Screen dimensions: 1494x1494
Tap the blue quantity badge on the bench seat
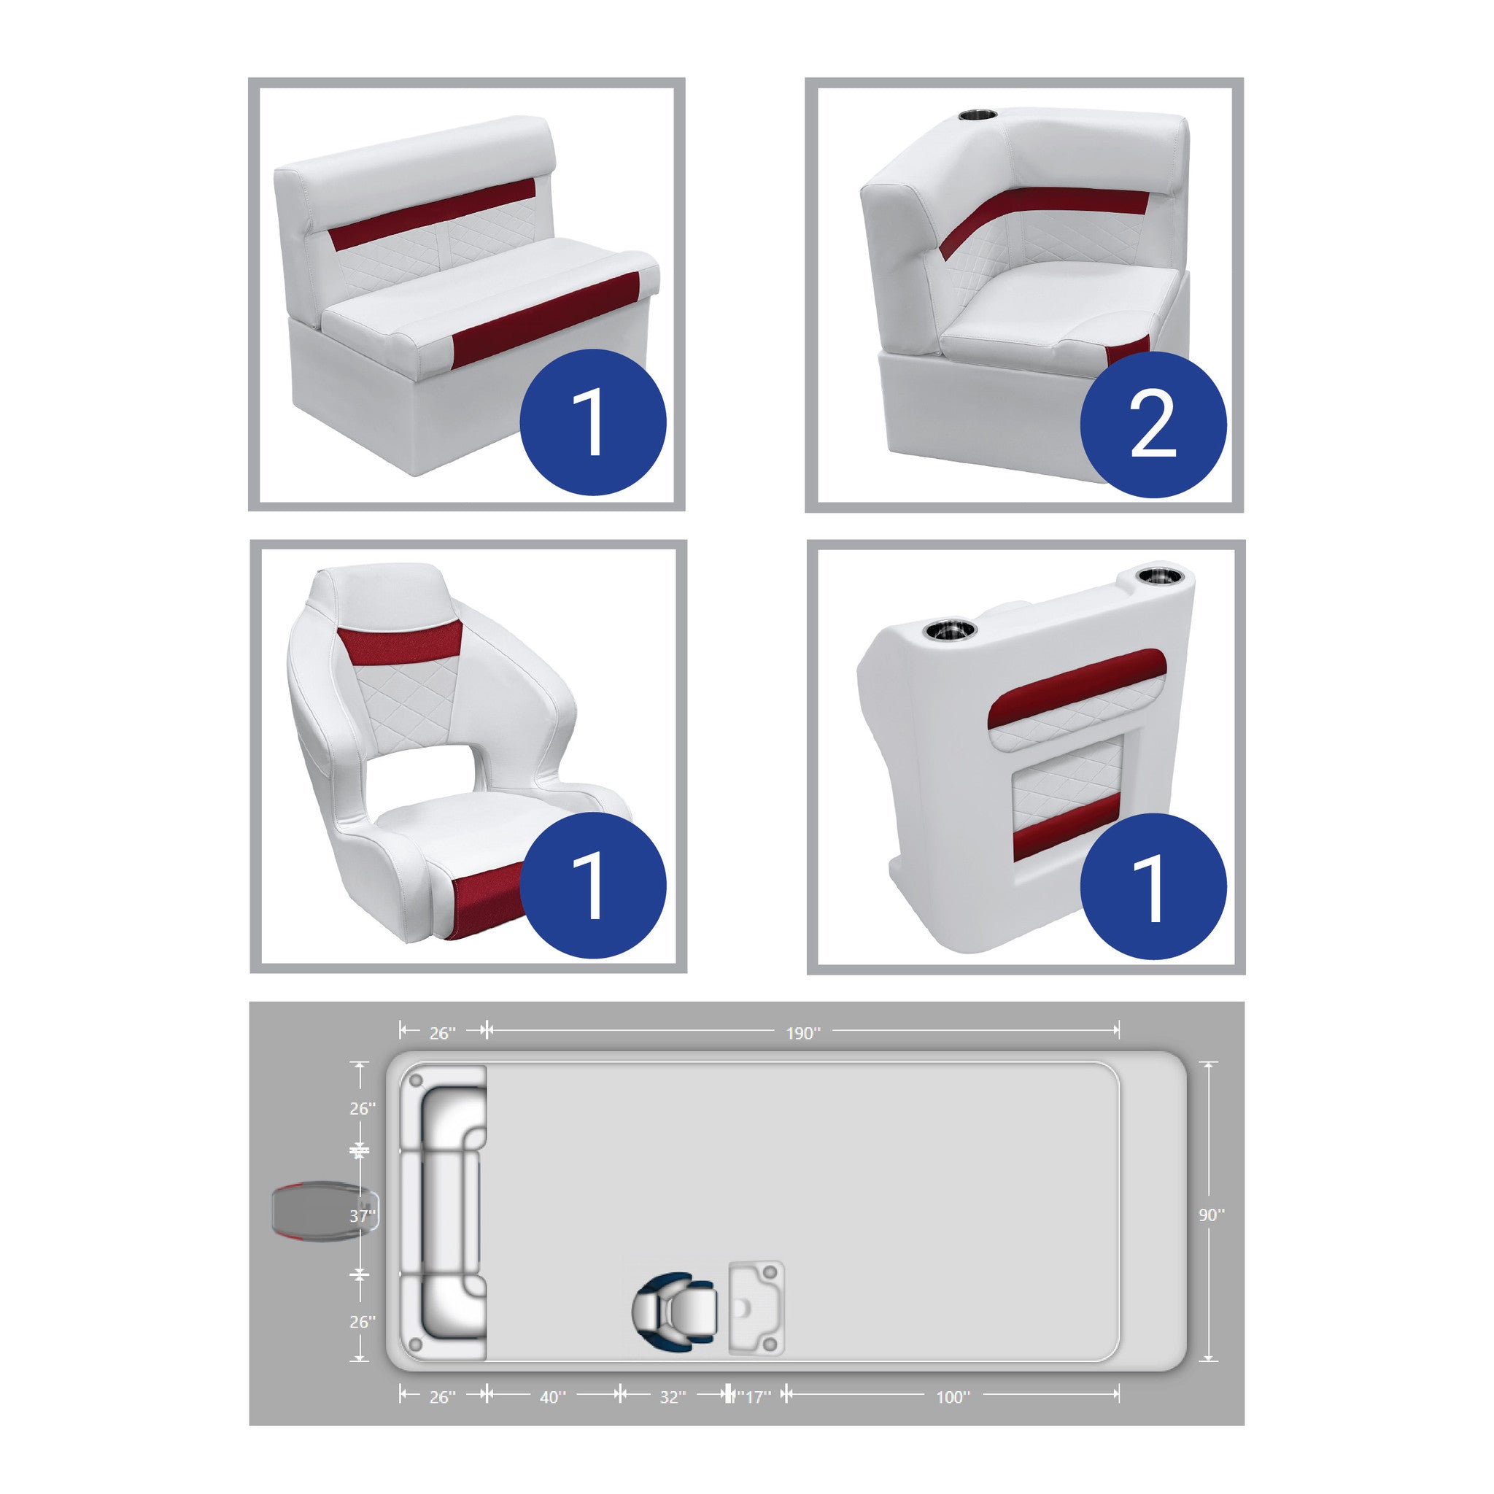pos(592,422)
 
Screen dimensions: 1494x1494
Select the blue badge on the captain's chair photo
pos(592,886)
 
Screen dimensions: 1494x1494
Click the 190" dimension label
pos(802,1033)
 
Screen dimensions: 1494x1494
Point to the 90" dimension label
pos(1212,1215)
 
